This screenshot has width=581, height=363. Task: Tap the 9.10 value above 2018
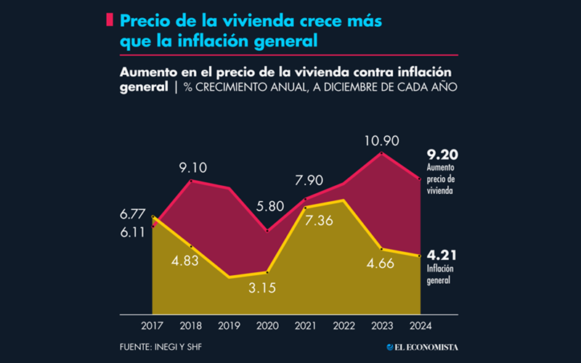[x=192, y=168]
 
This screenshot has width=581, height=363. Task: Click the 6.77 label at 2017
[x=134, y=213]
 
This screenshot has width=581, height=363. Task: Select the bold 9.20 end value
[x=442, y=155]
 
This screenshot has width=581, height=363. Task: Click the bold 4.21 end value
[x=442, y=256]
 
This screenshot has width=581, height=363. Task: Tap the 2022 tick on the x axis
[x=344, y=325]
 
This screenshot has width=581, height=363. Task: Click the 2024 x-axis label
[x=420, y=325]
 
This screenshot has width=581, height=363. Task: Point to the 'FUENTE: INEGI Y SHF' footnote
[x=161, y=347]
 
